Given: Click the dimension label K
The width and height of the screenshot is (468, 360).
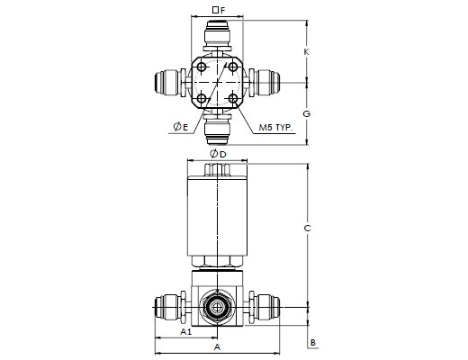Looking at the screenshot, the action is pos(306,52).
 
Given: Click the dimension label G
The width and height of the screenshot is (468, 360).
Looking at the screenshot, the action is pos(306,113).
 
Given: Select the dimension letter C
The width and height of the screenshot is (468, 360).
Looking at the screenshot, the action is pos(307,229).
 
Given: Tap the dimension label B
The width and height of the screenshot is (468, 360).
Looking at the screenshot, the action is pos(313,342).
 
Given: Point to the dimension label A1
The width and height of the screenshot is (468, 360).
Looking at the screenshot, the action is pos(186,331).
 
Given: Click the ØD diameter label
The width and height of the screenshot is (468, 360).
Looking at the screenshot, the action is pos(218,155).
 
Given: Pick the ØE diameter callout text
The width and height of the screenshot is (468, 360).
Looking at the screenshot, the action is pos(181,127).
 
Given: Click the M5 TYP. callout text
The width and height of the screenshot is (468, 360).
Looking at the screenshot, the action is pos(275,128).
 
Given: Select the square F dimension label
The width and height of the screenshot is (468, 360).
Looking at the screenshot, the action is pos(219,10).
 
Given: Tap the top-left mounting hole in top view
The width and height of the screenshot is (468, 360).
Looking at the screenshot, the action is pos(202,67).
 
